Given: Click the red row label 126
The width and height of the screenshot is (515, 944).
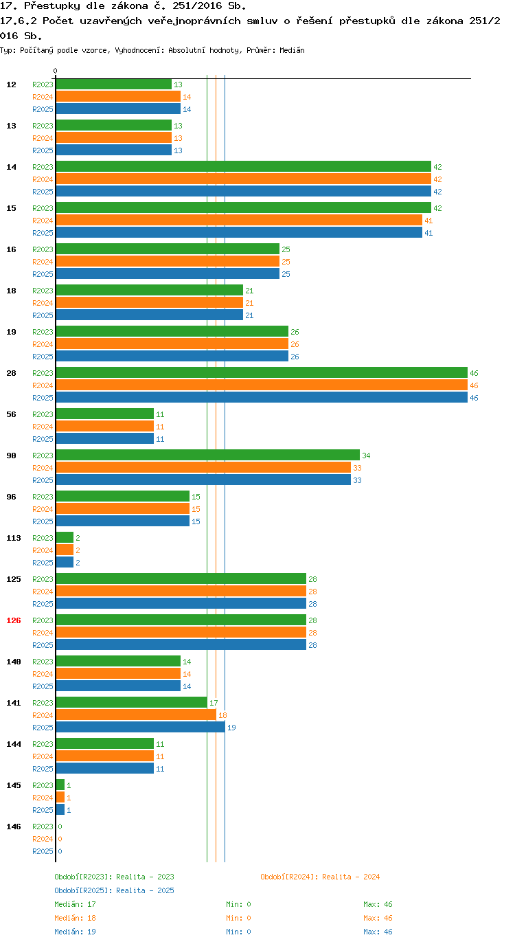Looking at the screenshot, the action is click(14, 620).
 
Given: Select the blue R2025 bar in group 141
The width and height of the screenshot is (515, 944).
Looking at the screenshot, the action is click(140, 727).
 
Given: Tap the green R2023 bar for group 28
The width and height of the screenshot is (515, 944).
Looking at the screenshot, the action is click(262, 372).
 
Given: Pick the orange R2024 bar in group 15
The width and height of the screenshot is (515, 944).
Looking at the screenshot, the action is click(239, 220).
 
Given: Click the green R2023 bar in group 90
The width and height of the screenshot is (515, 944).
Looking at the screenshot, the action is click(207, 455).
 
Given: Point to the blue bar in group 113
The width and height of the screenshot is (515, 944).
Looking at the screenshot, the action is click(65, 562).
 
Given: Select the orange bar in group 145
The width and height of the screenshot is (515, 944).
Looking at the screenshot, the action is click(60, 798).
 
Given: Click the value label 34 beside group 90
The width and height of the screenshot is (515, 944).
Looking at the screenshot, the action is click(367, 456).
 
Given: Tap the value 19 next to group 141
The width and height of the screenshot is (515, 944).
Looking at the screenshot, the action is click(231, 728).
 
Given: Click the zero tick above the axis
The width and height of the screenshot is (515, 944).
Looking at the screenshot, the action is click(55, 71).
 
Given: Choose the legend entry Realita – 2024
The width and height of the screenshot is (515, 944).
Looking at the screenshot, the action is click(320, 877).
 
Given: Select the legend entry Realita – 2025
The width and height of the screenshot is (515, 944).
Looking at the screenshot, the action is click(114, 890).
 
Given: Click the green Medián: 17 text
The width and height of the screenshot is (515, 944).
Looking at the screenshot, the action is click(75, 904).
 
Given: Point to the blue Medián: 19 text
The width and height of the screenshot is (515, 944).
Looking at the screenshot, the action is click(75, 932).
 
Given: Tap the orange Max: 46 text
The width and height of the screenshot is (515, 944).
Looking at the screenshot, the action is click(378, 918).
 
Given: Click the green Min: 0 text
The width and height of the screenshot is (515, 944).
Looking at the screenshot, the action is click(238, 904).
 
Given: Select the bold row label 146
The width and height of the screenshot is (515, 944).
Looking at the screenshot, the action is click(14, 827).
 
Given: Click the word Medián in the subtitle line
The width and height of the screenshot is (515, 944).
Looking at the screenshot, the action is click(292, 50).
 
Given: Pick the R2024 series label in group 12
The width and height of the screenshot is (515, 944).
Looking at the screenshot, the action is click(43, 97).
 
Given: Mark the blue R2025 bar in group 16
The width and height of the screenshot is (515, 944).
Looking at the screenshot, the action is click(168, 273).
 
